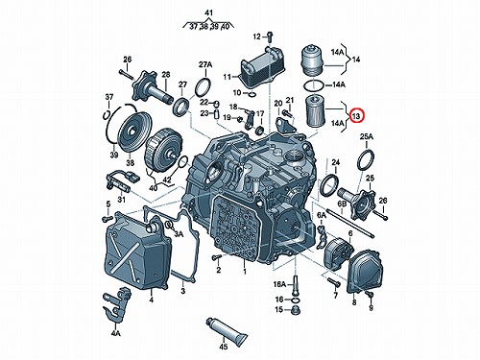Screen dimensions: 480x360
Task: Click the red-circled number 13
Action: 356,115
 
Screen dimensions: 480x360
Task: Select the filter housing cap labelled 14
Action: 313,60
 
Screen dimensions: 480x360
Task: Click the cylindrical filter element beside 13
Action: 316,110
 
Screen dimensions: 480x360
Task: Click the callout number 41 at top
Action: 208,13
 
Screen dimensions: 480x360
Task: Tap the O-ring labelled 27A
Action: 203,87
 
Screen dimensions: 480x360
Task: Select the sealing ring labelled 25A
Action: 366,159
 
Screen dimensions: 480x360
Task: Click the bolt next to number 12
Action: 270,36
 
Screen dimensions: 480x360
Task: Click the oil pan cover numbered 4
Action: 138,252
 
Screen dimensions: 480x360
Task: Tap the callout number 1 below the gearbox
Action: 245,272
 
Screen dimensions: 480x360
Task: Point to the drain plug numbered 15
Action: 296,310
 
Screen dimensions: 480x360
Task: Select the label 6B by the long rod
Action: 343,204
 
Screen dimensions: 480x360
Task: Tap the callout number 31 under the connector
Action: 121,200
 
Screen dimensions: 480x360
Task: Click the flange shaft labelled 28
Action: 153,88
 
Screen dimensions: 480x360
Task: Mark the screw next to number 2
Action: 217,257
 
